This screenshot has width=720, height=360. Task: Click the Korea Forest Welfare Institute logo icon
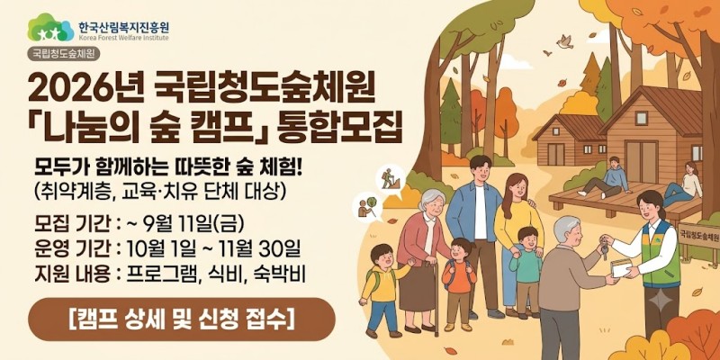(x=50, y=28)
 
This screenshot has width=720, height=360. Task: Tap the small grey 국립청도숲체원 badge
(x=64, y=54)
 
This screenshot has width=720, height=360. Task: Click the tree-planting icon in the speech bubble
(x=367, y=208)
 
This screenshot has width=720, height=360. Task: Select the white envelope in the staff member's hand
(x=620, y=267)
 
